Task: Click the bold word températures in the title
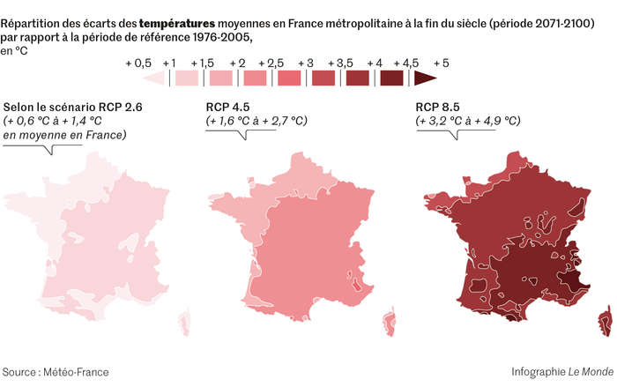coord(181,21)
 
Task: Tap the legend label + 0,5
coord(139,63)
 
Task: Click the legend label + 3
coord(305,63)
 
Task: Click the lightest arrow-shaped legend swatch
coord(155,78)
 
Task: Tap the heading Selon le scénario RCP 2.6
coord(72,108)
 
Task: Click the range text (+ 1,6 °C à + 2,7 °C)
coord(256,121)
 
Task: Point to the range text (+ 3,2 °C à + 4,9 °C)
coord(467,121)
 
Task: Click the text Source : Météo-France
coord(56,372)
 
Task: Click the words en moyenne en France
coord(65,135)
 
